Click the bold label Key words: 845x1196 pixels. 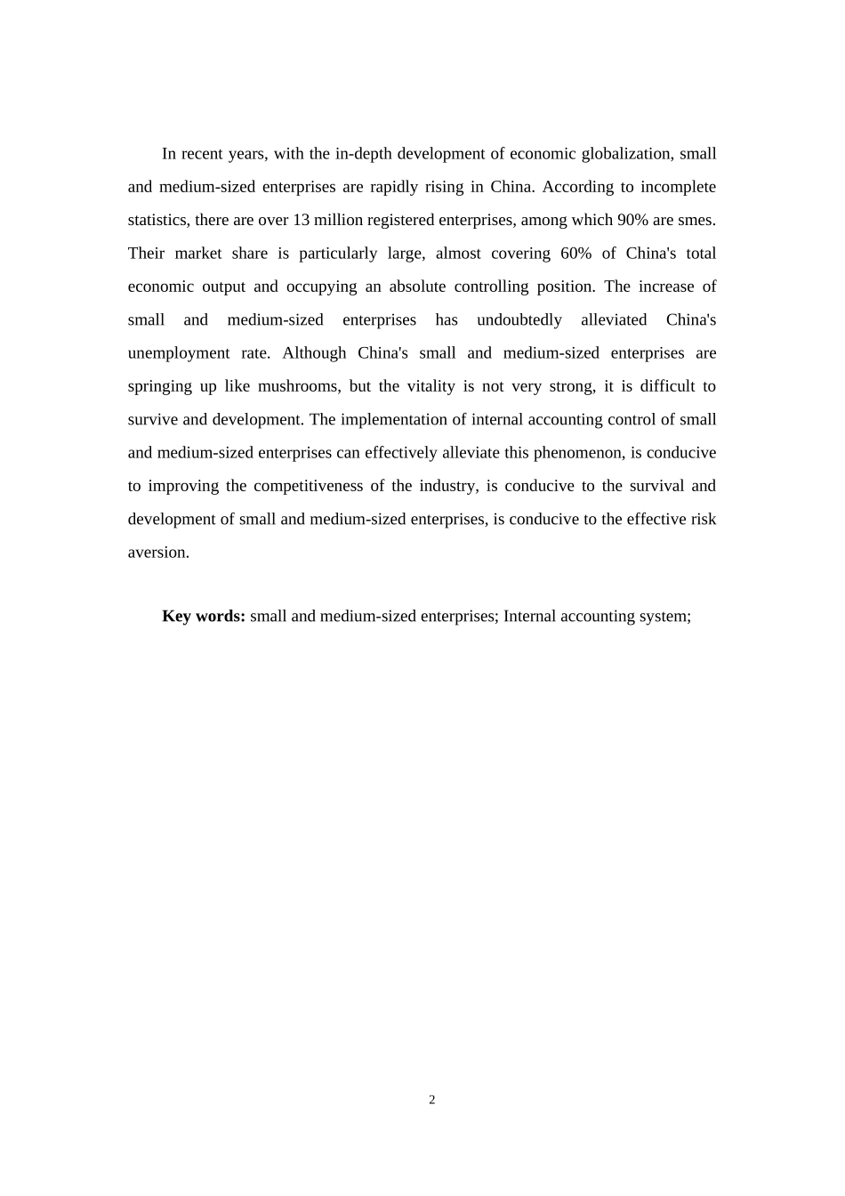coord(203,616)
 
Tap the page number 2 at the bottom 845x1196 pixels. coord(432,1100)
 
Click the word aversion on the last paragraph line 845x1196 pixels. coord(157,553)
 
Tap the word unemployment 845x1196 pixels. coord(179,353)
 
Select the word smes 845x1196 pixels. coord(696,220)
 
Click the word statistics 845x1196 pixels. coord(157,220)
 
